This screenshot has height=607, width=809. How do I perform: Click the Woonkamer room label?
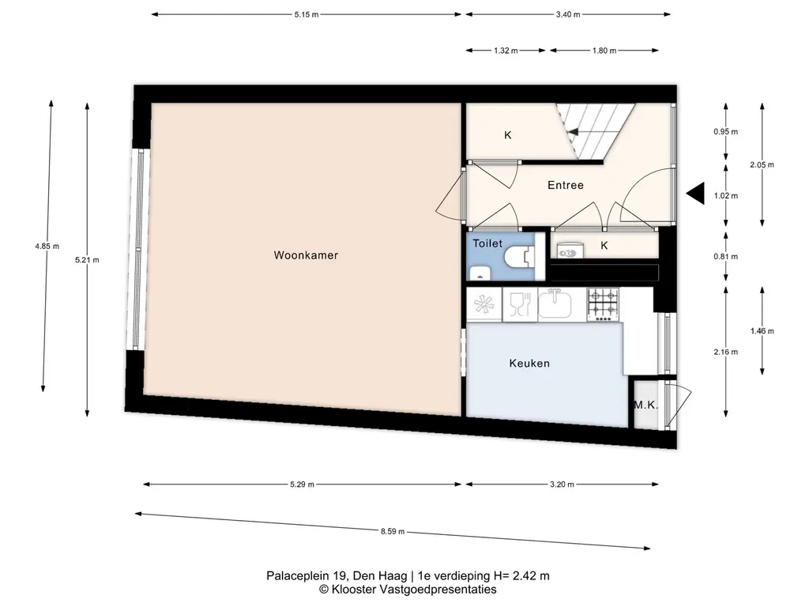point(306,255)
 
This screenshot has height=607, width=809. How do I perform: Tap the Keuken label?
point(529,364)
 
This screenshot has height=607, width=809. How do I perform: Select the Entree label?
point(566,185)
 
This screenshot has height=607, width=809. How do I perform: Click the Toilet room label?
point(487,243)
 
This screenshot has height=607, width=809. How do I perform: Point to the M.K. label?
point(646,405)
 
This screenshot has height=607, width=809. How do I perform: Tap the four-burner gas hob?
point(603,305)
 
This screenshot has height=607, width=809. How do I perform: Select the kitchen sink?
point(555,304)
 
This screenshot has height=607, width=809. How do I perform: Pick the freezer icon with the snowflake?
point(484,304)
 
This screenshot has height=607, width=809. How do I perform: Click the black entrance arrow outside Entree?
point(695,194)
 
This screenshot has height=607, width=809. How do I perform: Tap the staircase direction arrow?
point(573,132)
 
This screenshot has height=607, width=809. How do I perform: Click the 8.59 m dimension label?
point(393,531)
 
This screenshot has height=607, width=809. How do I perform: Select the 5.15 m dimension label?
point(307,14)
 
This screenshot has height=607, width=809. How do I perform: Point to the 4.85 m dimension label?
point(47,247)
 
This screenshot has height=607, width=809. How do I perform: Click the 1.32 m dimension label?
point(506,51)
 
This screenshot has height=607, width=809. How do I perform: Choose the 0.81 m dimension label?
point(726,257)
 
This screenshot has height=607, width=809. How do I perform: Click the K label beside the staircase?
point(508,135)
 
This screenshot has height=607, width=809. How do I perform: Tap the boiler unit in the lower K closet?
point(570,251)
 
